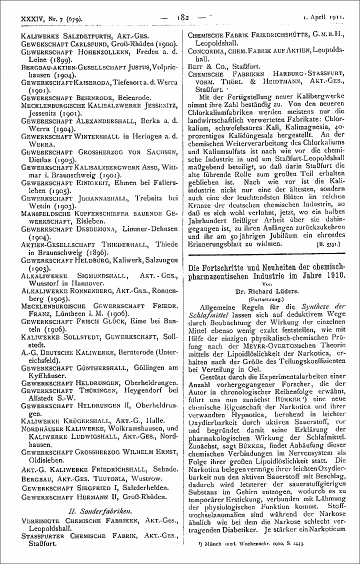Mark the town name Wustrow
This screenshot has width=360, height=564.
coord(150,478)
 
